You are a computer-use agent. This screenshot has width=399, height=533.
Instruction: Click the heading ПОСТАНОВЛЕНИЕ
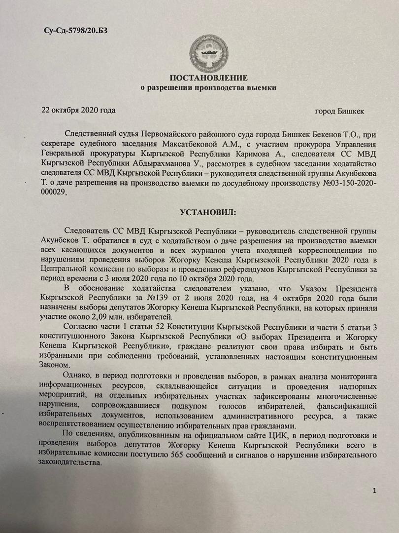click(x=209, y=78)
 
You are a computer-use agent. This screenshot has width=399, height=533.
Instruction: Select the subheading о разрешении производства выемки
click(x=209, y=88)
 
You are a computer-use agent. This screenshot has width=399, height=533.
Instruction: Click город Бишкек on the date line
click(x=339, y=111)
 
